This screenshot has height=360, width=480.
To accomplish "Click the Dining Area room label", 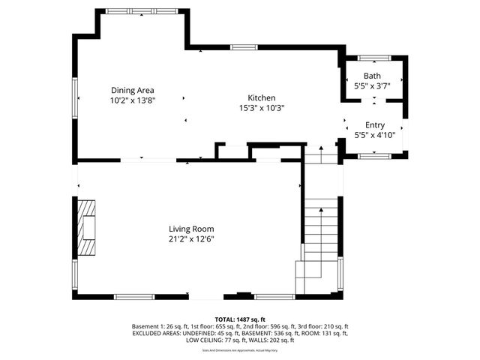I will (133, 89).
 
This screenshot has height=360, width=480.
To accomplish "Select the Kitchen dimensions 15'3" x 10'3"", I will (262, 108).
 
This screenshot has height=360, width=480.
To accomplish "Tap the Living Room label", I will (191, 229).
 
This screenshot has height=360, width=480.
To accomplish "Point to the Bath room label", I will (372, 76).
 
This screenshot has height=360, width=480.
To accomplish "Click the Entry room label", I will (374, 125).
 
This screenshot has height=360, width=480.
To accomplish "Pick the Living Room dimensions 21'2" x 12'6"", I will (191, 239).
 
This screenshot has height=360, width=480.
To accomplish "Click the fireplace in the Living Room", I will (87, 228).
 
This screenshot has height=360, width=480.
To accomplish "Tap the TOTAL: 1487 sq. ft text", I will (240, 319).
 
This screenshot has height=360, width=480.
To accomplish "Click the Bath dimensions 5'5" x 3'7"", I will (372, 86).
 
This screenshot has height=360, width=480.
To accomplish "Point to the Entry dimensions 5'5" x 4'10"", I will (374, 136).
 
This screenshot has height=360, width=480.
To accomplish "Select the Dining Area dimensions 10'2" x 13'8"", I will (133, 100).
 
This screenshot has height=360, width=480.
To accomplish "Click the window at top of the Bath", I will (372, 58).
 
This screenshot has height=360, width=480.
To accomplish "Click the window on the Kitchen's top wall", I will (244, 47).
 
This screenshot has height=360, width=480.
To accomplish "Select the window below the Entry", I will (372, 155).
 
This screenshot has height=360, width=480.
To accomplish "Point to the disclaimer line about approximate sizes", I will (240, 350).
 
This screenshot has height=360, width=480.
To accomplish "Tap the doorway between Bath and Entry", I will (373, 101).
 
